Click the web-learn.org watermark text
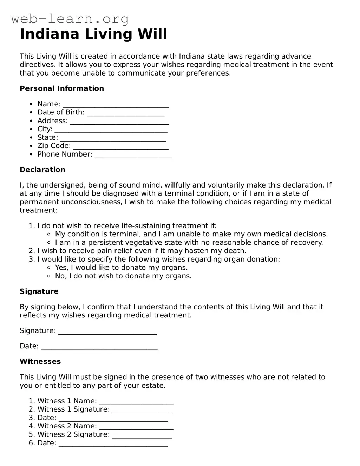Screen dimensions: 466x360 coord(70,19)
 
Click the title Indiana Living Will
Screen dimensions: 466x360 coord(93,34)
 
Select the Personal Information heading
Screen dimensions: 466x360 coord(62,88)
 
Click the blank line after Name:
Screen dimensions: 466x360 coord(116,105)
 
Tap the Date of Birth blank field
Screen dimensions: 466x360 coord(125,113)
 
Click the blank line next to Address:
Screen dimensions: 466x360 coord(119,122)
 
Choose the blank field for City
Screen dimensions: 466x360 coord(111,130)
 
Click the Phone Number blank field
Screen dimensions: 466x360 coord(133,155)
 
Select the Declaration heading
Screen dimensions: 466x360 coord(42,170)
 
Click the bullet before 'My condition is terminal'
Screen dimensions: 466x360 coord(50,234)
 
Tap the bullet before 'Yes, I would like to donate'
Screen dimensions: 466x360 coord(50,268)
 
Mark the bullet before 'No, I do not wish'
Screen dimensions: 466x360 coord(50,276)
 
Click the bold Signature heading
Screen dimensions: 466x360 coord(39,291)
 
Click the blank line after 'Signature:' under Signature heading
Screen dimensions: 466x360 coord(107,332)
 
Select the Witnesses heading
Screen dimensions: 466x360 coord(40,362)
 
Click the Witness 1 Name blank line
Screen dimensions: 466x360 coord(136,402)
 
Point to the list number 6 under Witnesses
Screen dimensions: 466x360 coord(32,443)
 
